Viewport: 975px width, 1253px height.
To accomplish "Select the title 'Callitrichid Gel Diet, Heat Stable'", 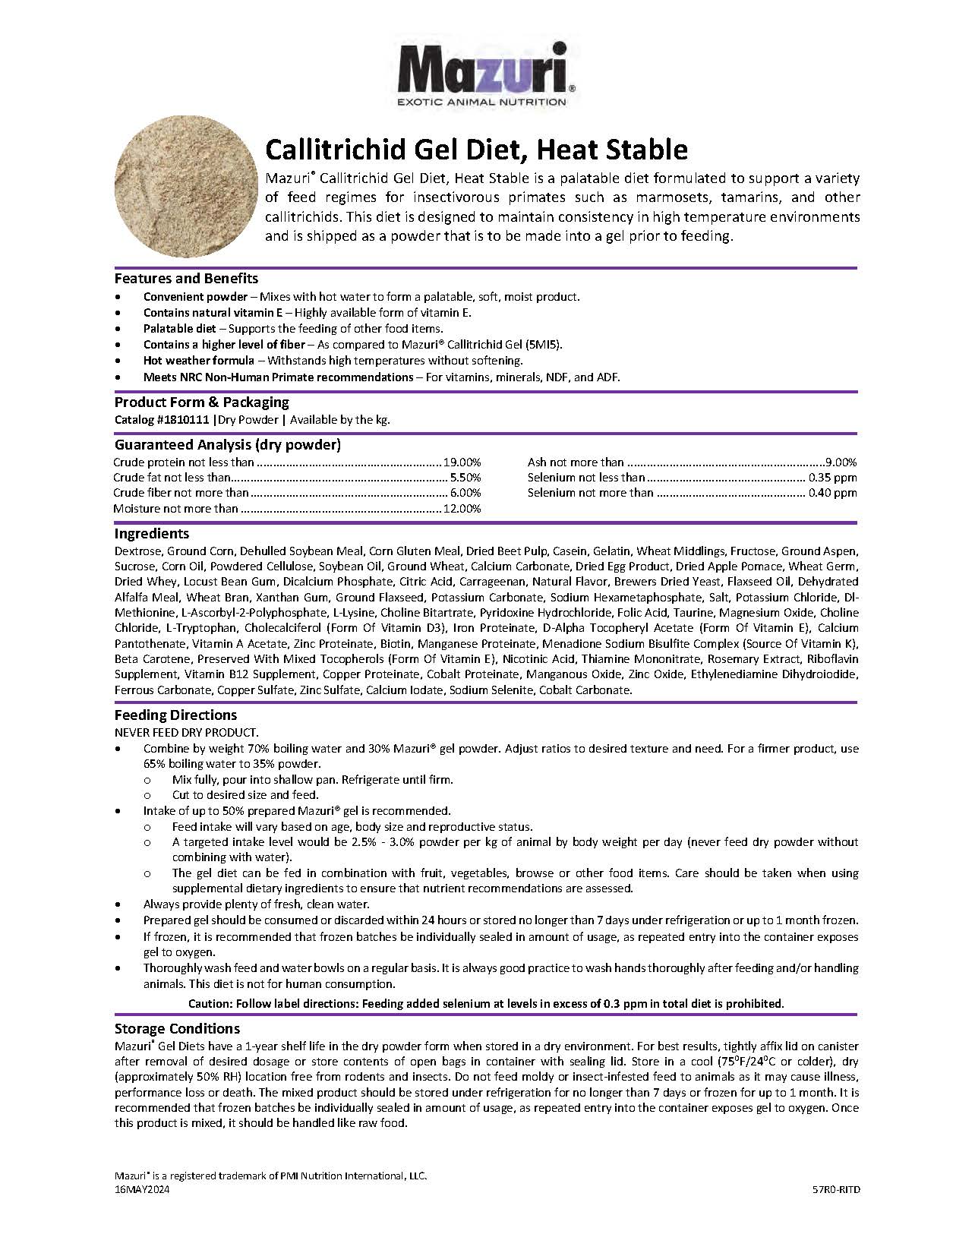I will click(x=476, y=150).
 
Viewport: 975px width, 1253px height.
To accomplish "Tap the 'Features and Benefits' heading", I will click(x=186, y=278).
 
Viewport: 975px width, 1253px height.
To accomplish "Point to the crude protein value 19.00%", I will click(x=462, y=462).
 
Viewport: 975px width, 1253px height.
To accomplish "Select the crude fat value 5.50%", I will click(x=465, y=478).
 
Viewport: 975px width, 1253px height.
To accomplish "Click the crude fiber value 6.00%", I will click(x=465, y=493).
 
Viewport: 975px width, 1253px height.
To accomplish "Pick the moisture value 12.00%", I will click(x=462, y=509).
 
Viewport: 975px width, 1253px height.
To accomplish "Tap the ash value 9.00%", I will click(x=841, y=462).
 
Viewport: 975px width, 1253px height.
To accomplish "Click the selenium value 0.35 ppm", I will click(x=833, y=478).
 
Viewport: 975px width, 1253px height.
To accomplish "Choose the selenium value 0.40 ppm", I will click(x=833, y=493).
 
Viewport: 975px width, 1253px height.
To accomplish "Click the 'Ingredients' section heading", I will click(x=151, y=534).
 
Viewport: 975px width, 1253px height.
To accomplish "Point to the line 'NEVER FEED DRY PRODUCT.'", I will click(x=186, y=732).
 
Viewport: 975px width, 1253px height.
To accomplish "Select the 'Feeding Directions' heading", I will click(x=175, y=715).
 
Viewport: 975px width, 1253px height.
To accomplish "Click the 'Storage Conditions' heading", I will click(x=177, y=1029).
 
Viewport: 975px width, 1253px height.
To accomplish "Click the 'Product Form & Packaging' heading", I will click(x=201, y=402).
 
